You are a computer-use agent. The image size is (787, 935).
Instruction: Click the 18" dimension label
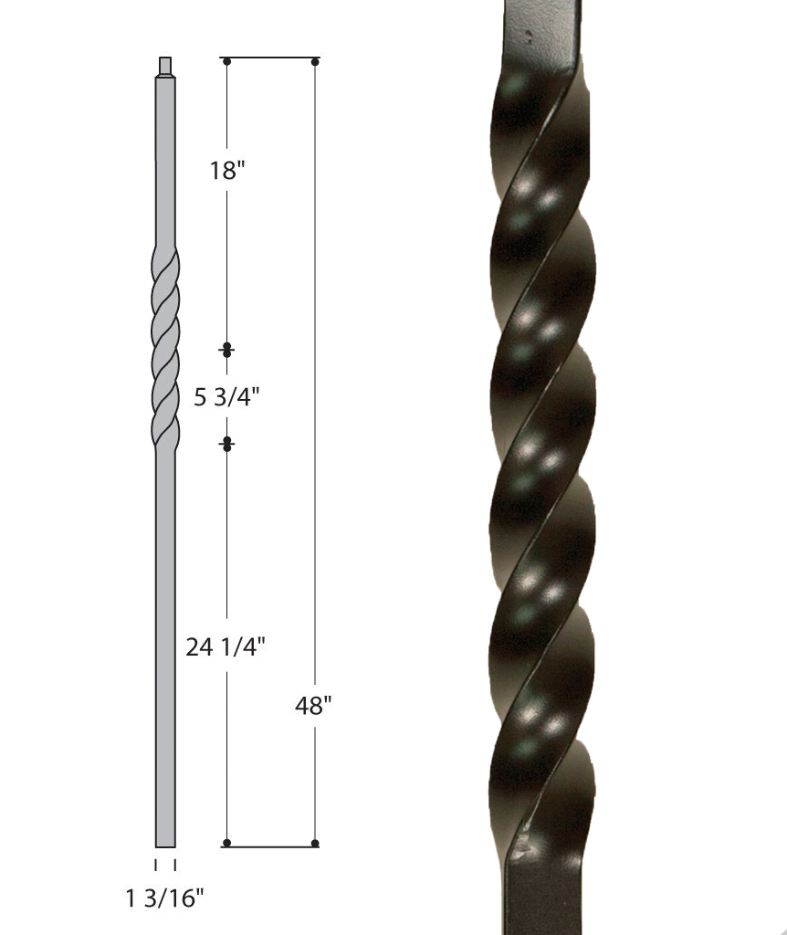tap(224, 171)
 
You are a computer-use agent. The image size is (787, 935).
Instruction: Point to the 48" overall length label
tap(314, 705)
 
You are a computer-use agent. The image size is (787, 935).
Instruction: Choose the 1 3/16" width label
tap(165, 898)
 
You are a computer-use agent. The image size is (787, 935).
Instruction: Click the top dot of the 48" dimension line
tap(315, 62)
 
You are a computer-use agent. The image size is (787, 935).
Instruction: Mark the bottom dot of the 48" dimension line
tap(315, 843)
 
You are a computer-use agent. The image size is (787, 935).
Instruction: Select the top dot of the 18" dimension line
tap(226, 62)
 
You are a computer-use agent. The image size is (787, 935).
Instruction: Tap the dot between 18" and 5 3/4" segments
tap(226, 350)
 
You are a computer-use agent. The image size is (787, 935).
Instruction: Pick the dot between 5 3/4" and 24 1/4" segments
tap(226, 444)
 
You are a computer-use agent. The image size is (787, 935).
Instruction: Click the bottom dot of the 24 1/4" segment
tap(226, 843)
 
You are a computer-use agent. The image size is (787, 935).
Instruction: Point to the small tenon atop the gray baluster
tap(165, 66)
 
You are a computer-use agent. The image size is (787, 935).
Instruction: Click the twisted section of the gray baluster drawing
tap(165, 347)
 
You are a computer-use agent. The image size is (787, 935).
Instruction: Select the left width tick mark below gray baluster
tap(156, 864)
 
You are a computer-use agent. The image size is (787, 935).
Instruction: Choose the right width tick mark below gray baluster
tap(174, 864)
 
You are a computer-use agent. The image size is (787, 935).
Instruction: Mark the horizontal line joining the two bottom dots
tap(270, 844)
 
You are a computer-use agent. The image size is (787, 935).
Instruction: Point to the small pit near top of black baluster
tap(528, 33)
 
